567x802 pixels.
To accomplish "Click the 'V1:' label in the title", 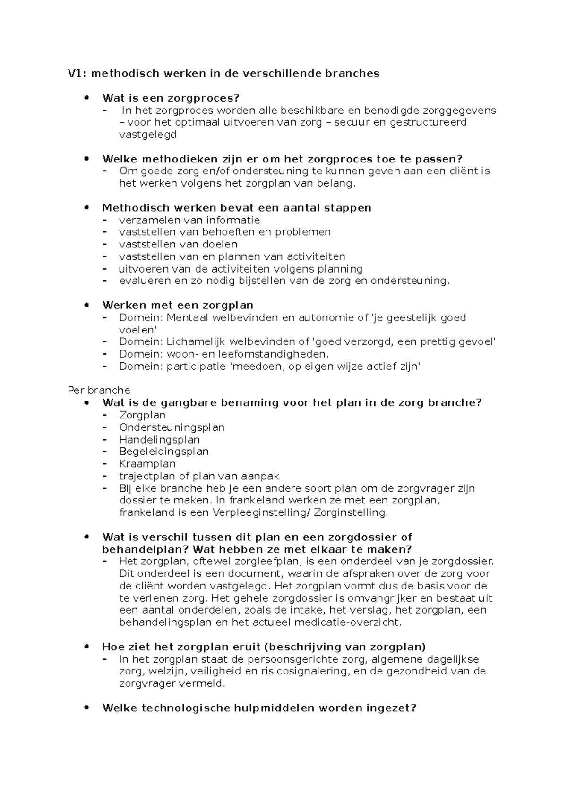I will coord(77,73).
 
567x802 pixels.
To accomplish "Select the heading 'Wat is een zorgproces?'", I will coord(171,98).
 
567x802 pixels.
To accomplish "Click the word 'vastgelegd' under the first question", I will coord(147,135).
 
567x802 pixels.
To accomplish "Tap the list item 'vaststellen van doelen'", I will coord(178,244).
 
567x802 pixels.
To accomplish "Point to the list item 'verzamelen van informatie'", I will coord(189,220).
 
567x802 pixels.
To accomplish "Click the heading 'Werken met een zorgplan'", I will coord(178,305).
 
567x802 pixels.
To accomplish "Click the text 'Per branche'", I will coord(99,391).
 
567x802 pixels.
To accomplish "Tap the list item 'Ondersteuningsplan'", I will coord(172,427).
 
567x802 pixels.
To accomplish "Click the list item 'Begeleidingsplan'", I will coord(163,452).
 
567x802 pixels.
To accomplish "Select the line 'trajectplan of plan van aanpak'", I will coord(199,476).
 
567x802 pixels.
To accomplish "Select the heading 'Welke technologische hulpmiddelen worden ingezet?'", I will coord(259,708).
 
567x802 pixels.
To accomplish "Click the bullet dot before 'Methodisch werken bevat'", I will coord(86,207).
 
